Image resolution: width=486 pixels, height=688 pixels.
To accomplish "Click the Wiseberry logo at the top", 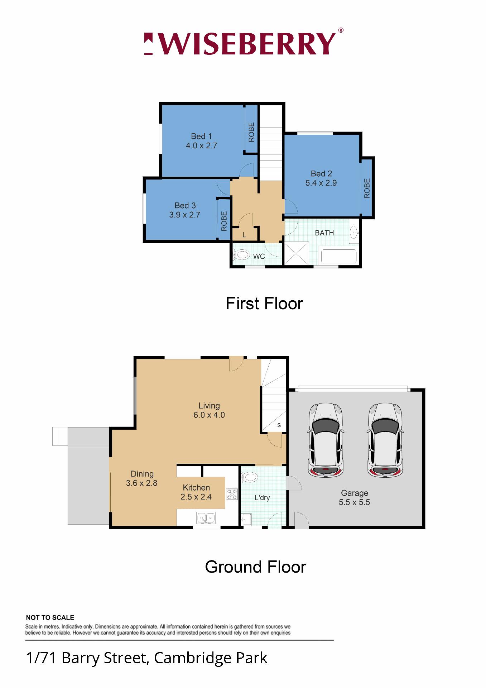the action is pyautogui.click(x=244, y=43).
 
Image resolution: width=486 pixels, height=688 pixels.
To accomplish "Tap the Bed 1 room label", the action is pyautogui.click(x=201, y=136).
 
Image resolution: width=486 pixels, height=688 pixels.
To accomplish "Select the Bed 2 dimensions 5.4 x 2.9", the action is pyautogui.click(x=321, y=183).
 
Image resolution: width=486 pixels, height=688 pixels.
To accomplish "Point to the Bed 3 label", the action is pyautogui.click(x=185, y=205).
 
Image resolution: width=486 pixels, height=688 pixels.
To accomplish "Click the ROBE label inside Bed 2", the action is pyautogui.click(x=367, y=188).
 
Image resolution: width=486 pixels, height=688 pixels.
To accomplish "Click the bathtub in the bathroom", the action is pyautogui.click(x=339, y=257).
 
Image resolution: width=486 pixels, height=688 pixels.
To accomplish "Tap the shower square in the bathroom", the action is pyautogui.click(x=296, y=253).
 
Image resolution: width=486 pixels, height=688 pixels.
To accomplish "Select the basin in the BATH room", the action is pyautogui.click(x=354, y=232).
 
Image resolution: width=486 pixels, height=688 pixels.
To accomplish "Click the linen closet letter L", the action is pyautogui.click(x=244, y=235).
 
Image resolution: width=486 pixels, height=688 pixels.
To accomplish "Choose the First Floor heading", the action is pyautogui.click(x=264, y=304).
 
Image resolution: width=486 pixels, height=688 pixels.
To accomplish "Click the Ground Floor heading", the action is pyautogui.click(x=255, y=567).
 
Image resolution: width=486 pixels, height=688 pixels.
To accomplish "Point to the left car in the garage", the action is pyautogui.click(x=325, y=440).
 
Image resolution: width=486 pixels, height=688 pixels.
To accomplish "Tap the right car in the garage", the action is pyautogui.click(x=385, y=440).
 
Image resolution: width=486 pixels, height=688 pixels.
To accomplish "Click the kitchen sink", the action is pyautogui.click(x=206, y=518).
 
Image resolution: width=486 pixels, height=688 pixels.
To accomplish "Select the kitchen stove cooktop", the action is pyautogui.click(x=232, y=494).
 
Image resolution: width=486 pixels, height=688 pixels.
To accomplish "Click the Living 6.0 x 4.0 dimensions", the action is pyautogui.click(x=209, y=415).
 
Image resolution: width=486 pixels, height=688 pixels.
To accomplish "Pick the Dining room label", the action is pyautogui.click(x=142, y=474).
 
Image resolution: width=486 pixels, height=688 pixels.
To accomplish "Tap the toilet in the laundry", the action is pyautogui.click(x=249, y=477).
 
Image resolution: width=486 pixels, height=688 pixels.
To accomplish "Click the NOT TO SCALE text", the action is pyautogui.click(x=50, y=617).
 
